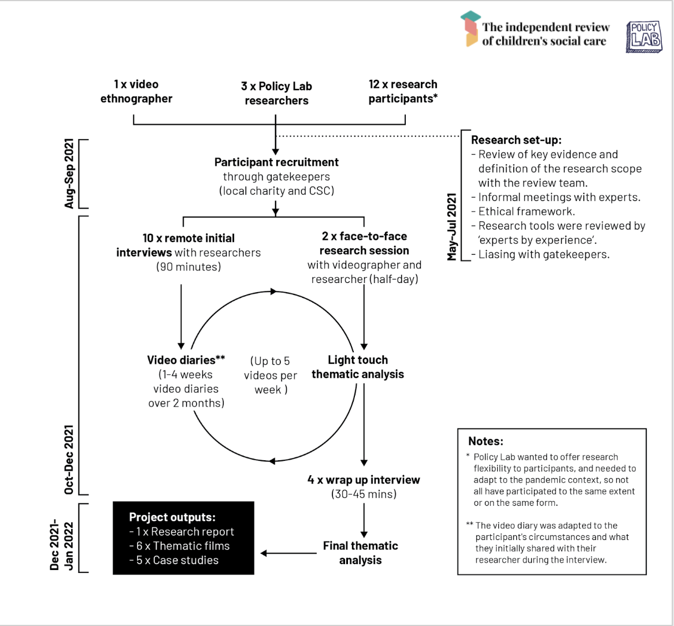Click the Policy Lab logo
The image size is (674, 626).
[x=644, y=37]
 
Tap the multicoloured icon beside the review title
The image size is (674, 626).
[x=471, y=28]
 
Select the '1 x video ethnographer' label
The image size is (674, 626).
[x=136, y=91]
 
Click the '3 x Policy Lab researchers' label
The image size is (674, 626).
[x=276, y=93]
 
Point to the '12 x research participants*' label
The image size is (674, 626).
[x=403, y=91]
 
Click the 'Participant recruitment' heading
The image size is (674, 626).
[x=276, y=162]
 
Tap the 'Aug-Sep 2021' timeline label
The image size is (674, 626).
[x=69, y=173]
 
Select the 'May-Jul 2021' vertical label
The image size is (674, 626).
[x=452, y=227]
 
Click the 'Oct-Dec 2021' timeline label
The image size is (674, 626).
[x=69, y=460]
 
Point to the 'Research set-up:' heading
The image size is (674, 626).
[x=516, y=140]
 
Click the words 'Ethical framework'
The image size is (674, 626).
[x=526, y=211]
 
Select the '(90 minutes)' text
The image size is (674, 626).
[x=188, y=267]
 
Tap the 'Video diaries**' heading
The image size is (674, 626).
[x=186, y=360]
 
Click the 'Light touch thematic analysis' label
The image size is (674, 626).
[x=358, y=367]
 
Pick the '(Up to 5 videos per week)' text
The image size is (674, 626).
[x=271, y=375]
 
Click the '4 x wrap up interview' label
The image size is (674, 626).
[x=364, y=480]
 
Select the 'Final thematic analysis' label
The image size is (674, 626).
[x=360, y=553]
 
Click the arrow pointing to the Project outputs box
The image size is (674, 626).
[x=288, y=553]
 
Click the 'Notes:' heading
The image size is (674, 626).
[x=486, y=441]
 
